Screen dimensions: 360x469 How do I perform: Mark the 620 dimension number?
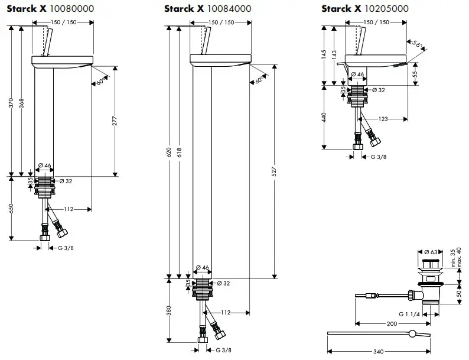[x=169, y=154]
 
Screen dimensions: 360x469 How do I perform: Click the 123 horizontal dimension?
[x=383, y=119]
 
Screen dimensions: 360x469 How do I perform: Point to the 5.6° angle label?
[x=418, y=45]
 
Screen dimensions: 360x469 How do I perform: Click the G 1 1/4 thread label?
[x=409, y=314]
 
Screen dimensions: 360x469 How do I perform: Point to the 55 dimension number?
[x=415, y=73]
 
